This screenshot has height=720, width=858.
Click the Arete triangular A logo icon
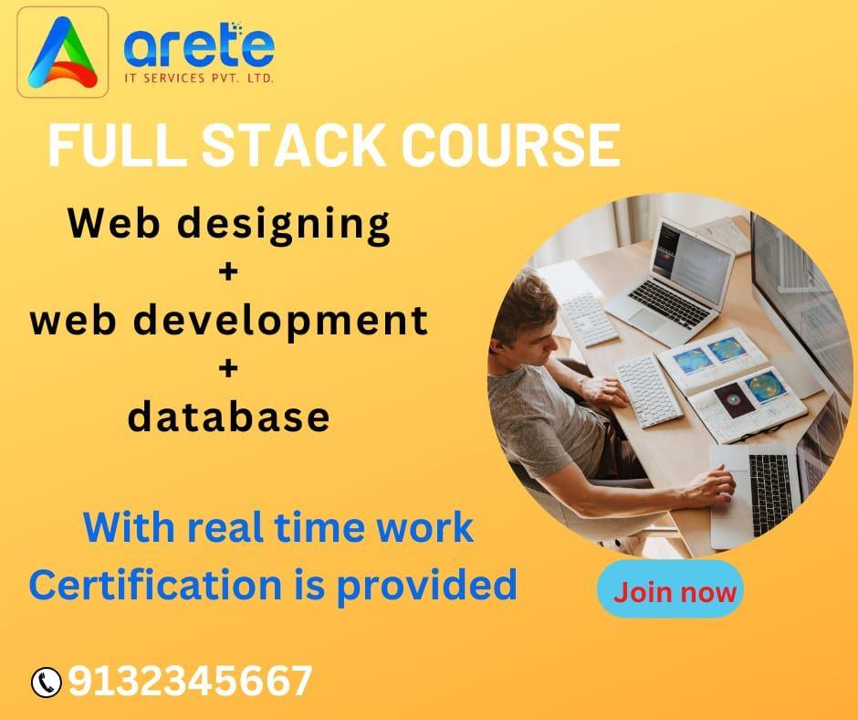62,53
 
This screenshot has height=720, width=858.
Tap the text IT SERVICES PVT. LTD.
199,79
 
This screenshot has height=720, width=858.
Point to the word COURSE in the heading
511,145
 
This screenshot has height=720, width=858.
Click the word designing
284,225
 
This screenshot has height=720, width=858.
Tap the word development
281,322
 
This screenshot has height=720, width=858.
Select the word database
229,417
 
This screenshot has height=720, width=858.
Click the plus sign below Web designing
228,271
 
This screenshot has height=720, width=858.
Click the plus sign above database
228,367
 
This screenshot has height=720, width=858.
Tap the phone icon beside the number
46,683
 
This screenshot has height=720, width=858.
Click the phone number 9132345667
190,681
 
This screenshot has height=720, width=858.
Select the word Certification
155,584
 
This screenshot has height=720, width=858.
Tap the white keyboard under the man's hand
649,391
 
